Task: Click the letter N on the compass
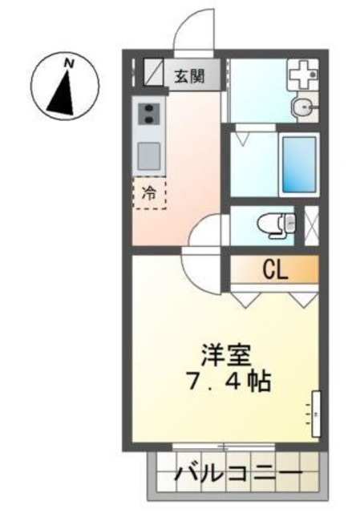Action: [71, 61]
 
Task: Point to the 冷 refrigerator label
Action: [149, 192]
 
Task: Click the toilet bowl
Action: [271, 225]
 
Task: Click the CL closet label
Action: [276, 270]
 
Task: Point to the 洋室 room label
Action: [227, 353]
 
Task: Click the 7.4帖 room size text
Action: [227, 379]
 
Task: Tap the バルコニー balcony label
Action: [238, 475]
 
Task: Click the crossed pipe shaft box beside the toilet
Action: [310, 225]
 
